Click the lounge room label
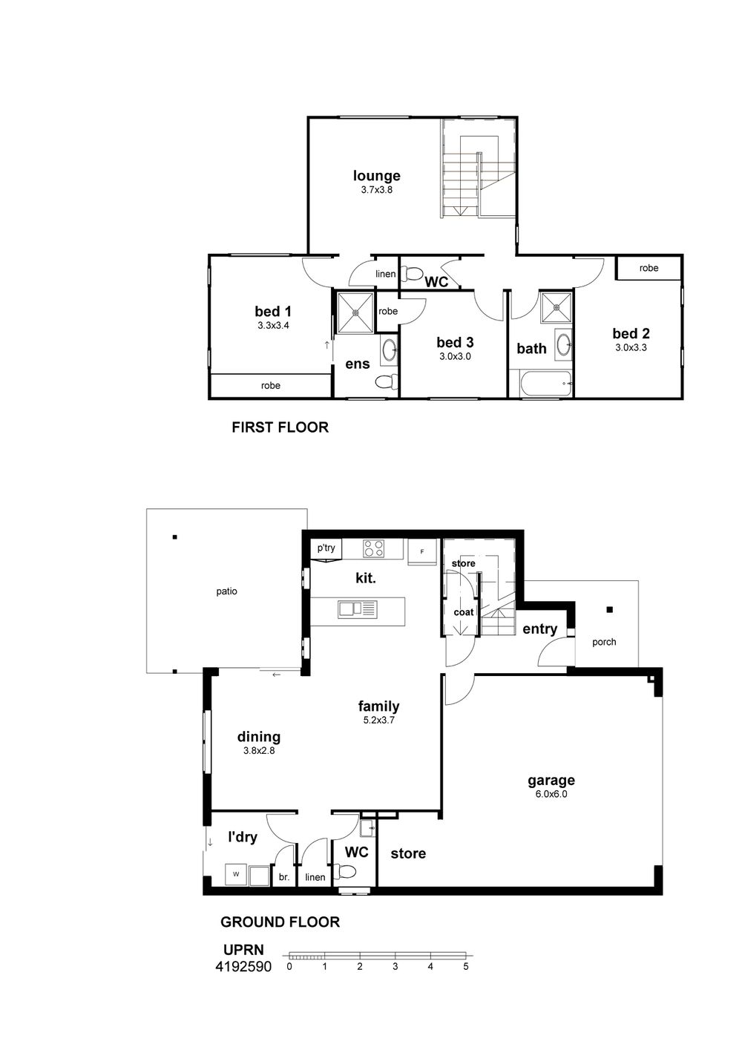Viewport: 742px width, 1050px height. point(376,176)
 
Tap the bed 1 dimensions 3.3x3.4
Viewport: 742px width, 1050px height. point(273,325)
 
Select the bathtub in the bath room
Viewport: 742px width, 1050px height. point(545,384)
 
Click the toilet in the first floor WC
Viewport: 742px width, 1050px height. point(413,273)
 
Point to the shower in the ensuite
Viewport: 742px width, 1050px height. point(355,312)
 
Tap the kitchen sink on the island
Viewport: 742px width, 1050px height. point(357,609)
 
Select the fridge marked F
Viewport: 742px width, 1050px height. point(422,552)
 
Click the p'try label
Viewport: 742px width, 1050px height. point(326,548)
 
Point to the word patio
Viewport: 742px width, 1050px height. point(226,591)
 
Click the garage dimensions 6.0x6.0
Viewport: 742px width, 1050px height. point(551,794)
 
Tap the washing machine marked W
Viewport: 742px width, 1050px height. point(236,874)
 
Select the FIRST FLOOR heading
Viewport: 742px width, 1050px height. point(280,427)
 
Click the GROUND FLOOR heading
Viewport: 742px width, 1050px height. point(280,922)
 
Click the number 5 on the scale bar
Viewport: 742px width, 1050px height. point(465,966)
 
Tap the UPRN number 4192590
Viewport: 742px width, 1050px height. point(243,967)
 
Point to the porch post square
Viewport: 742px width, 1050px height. point(609,610)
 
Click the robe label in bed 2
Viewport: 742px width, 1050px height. point(649,268)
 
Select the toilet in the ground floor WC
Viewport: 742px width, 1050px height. point(347,872)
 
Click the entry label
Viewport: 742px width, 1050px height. point(540,629)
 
